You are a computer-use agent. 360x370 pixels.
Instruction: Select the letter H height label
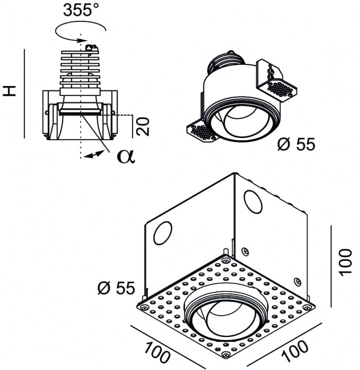[10, 90]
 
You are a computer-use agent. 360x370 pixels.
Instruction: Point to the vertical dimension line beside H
[24, 92]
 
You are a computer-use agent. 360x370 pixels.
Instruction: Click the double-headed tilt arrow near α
[94, 155]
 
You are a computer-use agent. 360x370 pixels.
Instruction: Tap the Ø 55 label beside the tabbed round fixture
[296, 145]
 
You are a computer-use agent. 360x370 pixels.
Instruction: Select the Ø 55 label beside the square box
[116, 288]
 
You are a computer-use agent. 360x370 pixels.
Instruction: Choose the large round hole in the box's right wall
[253, 202]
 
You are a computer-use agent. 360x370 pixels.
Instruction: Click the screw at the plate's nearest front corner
[225, 354]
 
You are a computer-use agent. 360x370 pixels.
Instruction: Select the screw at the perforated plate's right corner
[306, 306]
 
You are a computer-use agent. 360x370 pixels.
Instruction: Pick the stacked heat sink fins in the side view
[80, 69]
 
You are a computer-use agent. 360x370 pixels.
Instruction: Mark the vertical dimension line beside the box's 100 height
[331, 266]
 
